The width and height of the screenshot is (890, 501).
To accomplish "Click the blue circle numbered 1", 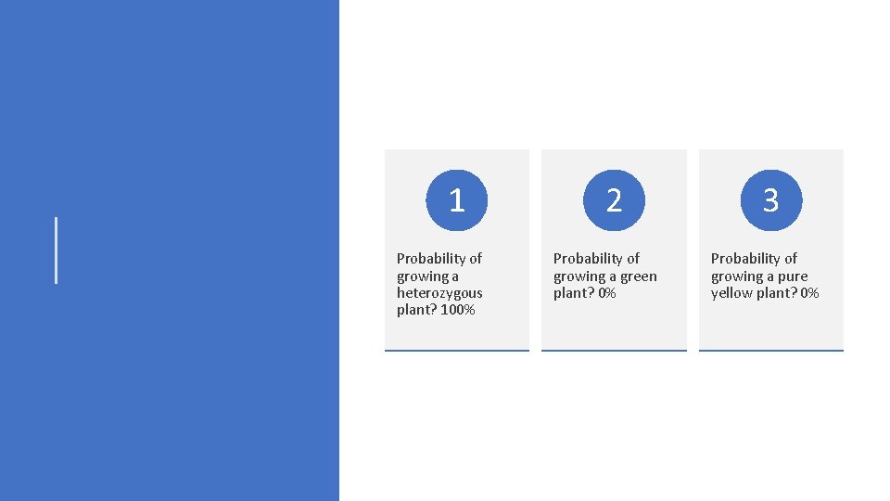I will (456, 199).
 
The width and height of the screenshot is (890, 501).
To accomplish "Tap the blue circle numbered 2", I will (614, 199).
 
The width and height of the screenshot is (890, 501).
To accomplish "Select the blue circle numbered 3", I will (770, 199).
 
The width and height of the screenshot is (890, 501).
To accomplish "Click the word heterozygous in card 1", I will (439, 293).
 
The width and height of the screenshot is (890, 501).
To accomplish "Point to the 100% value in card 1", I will (458, 310).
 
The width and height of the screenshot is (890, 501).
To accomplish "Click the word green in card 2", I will (638, 276).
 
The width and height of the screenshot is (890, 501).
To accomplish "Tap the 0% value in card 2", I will (607, 293).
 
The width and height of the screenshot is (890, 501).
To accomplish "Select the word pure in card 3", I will (793, 276).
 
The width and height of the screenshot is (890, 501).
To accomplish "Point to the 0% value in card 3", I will (809, 293).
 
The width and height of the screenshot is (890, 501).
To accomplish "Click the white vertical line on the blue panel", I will (57, 250).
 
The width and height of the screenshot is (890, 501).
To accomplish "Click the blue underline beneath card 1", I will (456, 351).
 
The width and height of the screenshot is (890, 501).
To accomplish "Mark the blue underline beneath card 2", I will (614, 351).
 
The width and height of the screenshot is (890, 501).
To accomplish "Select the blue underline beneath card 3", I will (770, 351).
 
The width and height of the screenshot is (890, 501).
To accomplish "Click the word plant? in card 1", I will (416, 310).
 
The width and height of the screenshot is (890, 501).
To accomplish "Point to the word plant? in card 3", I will (778, 293).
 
